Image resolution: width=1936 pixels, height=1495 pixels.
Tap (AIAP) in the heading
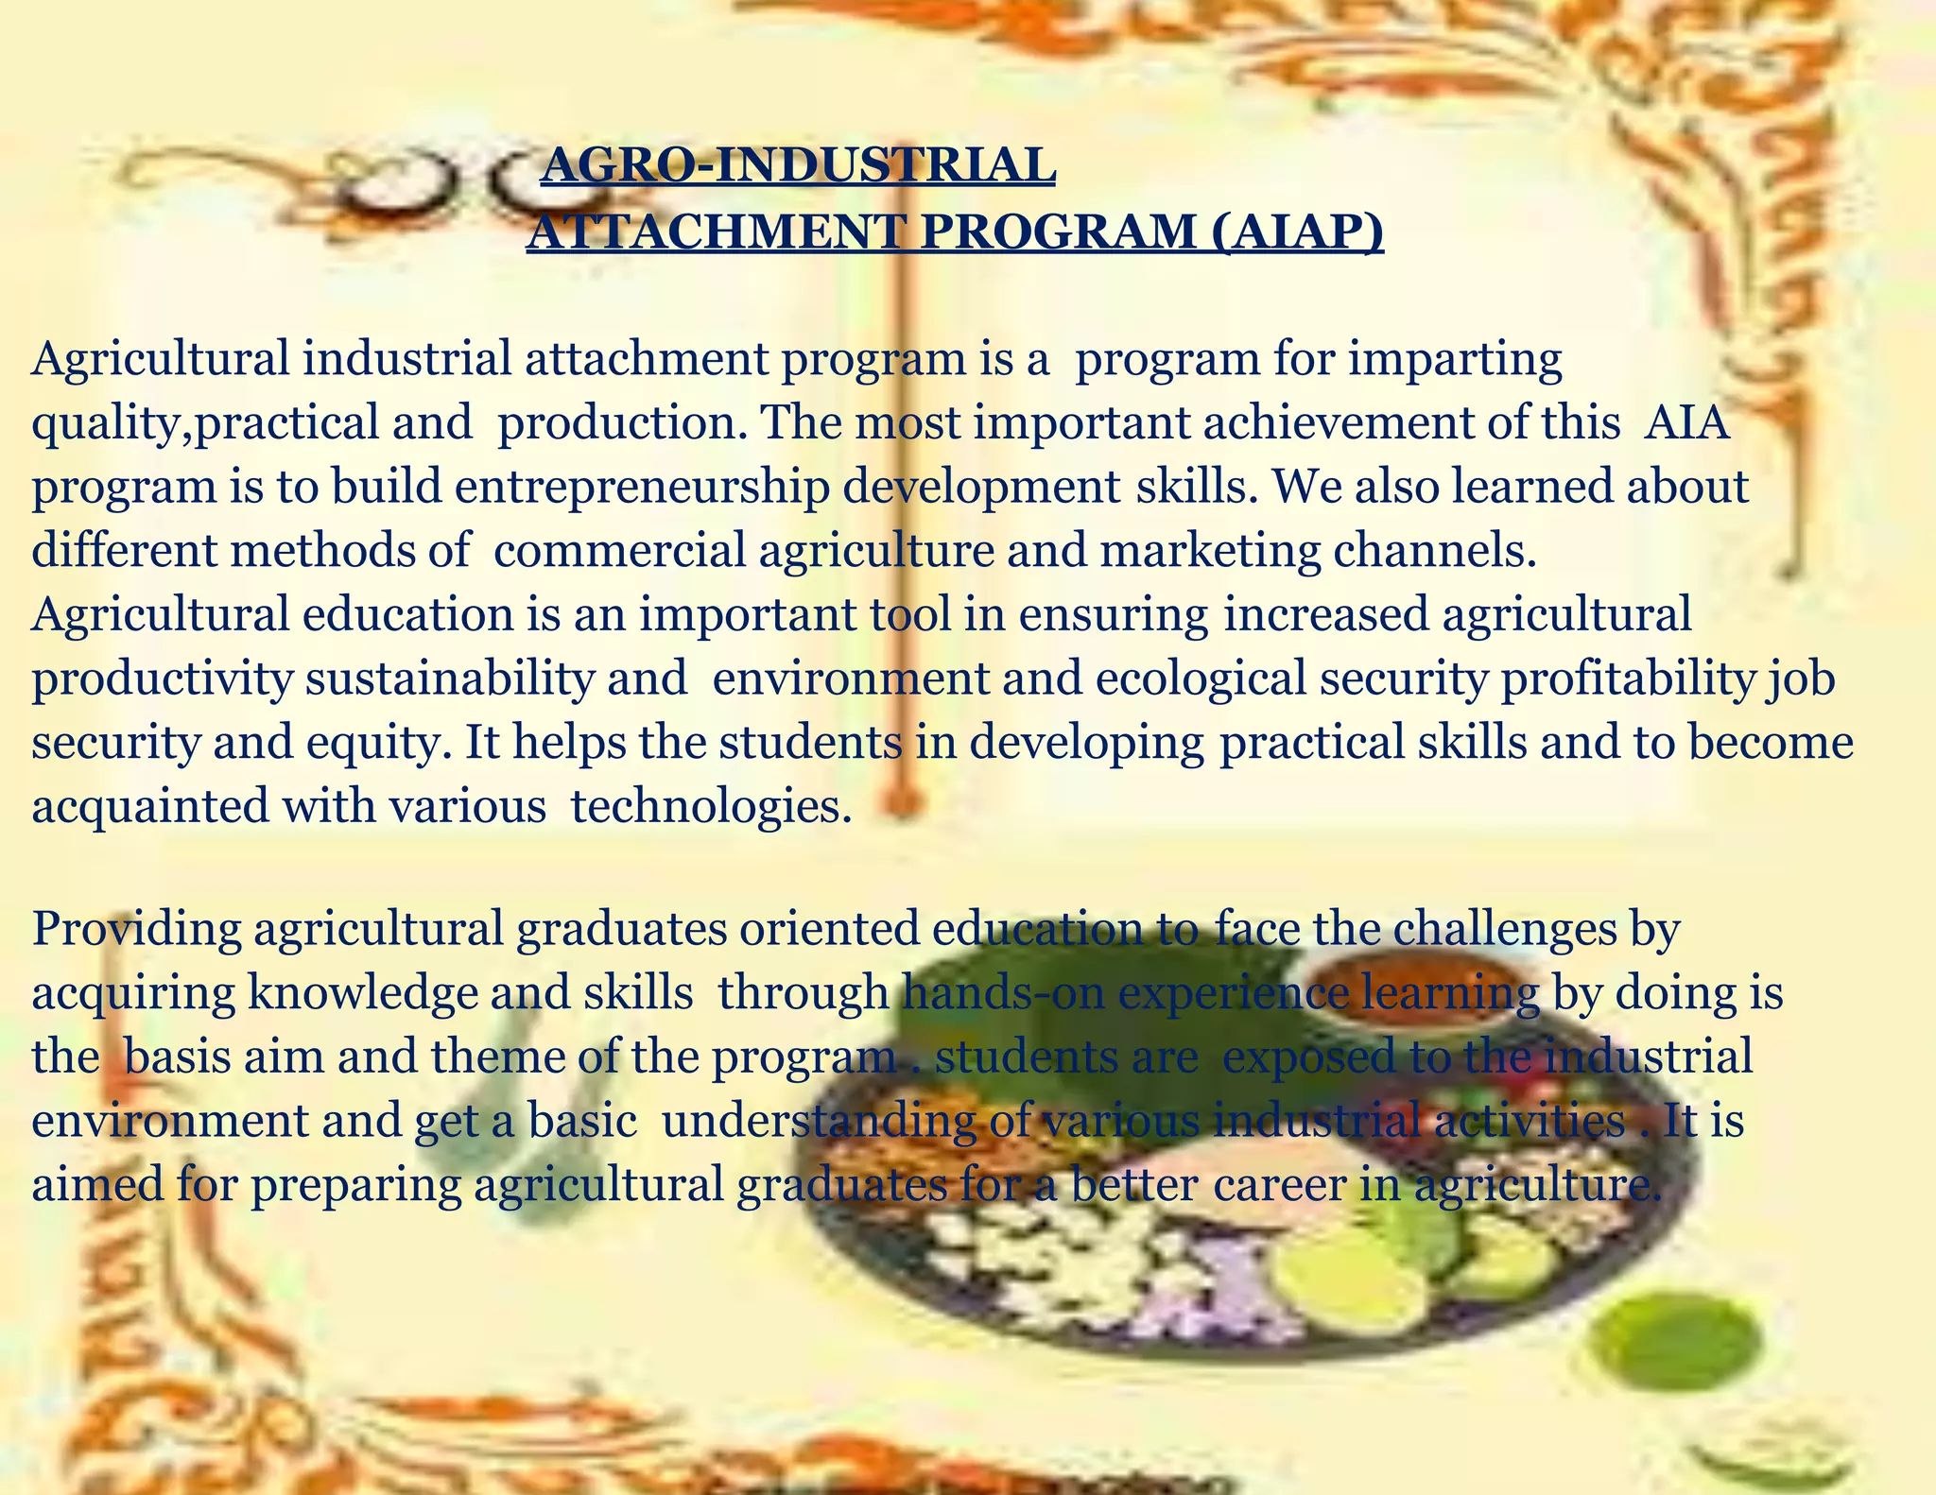click(x=1296, y=232)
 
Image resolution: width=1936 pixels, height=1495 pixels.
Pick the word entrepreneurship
click(x=642, y=487)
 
